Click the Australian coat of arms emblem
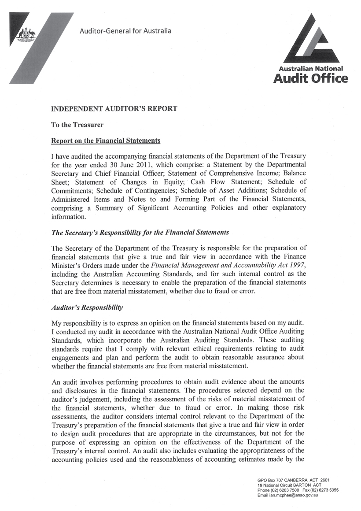point(29,34)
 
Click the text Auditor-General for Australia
point(125,31)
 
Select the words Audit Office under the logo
point(310,78)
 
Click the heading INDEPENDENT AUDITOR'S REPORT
point(114,109)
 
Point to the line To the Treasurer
point(77,125)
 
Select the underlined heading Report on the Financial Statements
point(106,141)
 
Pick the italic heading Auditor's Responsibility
point(87,307)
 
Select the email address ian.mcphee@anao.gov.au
point(294,495)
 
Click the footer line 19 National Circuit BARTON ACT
point(289,485)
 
